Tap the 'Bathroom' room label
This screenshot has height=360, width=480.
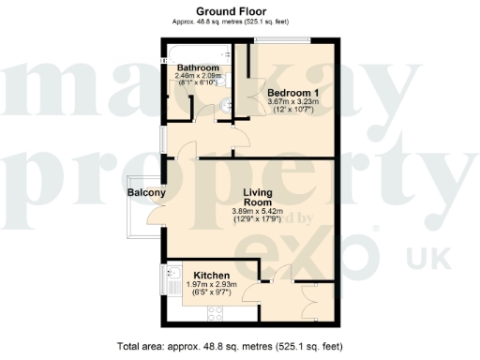coord(199,68)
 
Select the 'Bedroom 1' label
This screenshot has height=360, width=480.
coord(293,93)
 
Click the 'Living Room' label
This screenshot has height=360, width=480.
coord(257,198)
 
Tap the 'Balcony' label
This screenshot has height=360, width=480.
coord(147,194)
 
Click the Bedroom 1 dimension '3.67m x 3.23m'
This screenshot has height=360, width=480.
coord(293,103)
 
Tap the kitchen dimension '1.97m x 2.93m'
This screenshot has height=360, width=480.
coord(211,285)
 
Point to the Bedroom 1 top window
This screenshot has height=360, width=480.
coord(287,39)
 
